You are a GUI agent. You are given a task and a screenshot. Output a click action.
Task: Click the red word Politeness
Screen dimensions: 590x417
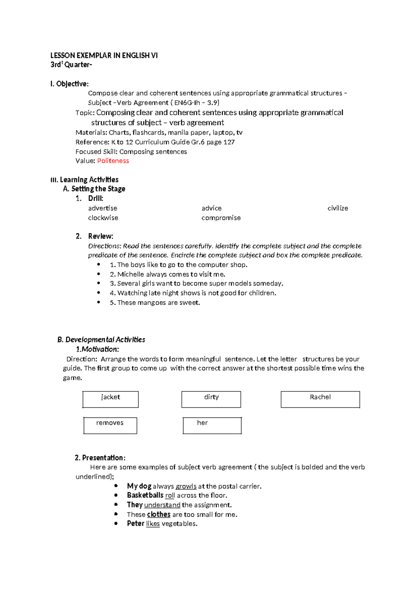[113, 161]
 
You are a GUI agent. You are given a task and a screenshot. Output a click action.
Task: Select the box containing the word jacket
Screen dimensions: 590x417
[111, 399]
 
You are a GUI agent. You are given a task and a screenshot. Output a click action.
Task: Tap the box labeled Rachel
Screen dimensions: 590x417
[320, 399]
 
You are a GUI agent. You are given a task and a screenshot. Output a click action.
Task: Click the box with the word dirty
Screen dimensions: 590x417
[211, 399]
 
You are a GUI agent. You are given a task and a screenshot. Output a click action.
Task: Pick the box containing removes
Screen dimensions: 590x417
[110, 425]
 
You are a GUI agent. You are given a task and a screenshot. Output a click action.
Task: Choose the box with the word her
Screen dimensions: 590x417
[212, 425]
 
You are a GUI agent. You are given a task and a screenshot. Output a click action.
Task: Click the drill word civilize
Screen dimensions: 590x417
[337, 208]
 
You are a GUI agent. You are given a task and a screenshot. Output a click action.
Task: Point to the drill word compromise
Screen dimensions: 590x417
[221, 218]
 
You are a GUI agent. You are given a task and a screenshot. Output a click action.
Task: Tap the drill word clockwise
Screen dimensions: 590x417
[103, 218]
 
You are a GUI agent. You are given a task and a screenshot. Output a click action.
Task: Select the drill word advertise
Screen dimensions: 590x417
[103, 208]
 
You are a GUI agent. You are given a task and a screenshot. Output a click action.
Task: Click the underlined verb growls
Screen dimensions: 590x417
[186, 486]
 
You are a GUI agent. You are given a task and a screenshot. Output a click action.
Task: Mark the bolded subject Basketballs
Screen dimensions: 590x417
[145, 495]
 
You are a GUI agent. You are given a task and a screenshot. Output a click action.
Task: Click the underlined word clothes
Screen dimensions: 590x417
[159, 514]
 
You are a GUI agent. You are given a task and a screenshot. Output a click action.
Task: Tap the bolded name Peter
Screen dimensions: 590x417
[136, 524]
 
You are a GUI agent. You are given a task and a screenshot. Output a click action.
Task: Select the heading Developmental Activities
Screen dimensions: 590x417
[105, 340]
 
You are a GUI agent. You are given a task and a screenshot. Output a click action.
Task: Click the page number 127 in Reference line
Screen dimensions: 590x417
[229, 142]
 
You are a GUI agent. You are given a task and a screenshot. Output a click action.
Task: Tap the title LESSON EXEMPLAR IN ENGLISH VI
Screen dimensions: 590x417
[104, 55]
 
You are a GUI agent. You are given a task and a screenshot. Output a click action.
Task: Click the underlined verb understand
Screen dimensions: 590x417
[162, 505]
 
